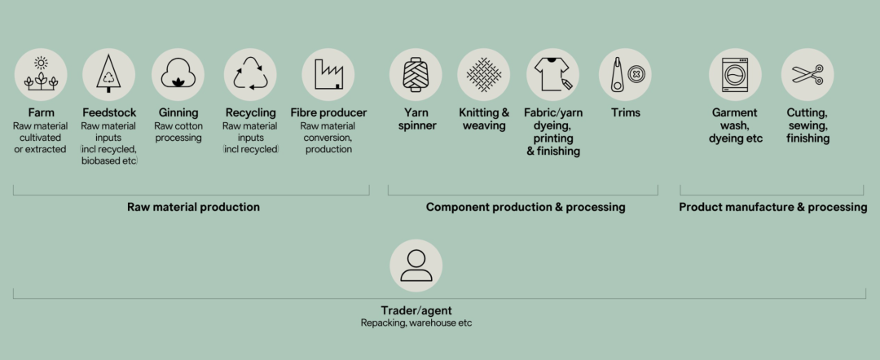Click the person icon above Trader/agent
coord(416,266)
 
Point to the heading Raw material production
coord(193,207)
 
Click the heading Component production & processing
coord(526,207)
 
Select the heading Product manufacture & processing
coord(772,207)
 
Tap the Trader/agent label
coord(416,310)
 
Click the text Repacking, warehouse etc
coord(416,323)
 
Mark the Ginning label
coord(178,112)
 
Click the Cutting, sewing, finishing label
coord(807,125)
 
